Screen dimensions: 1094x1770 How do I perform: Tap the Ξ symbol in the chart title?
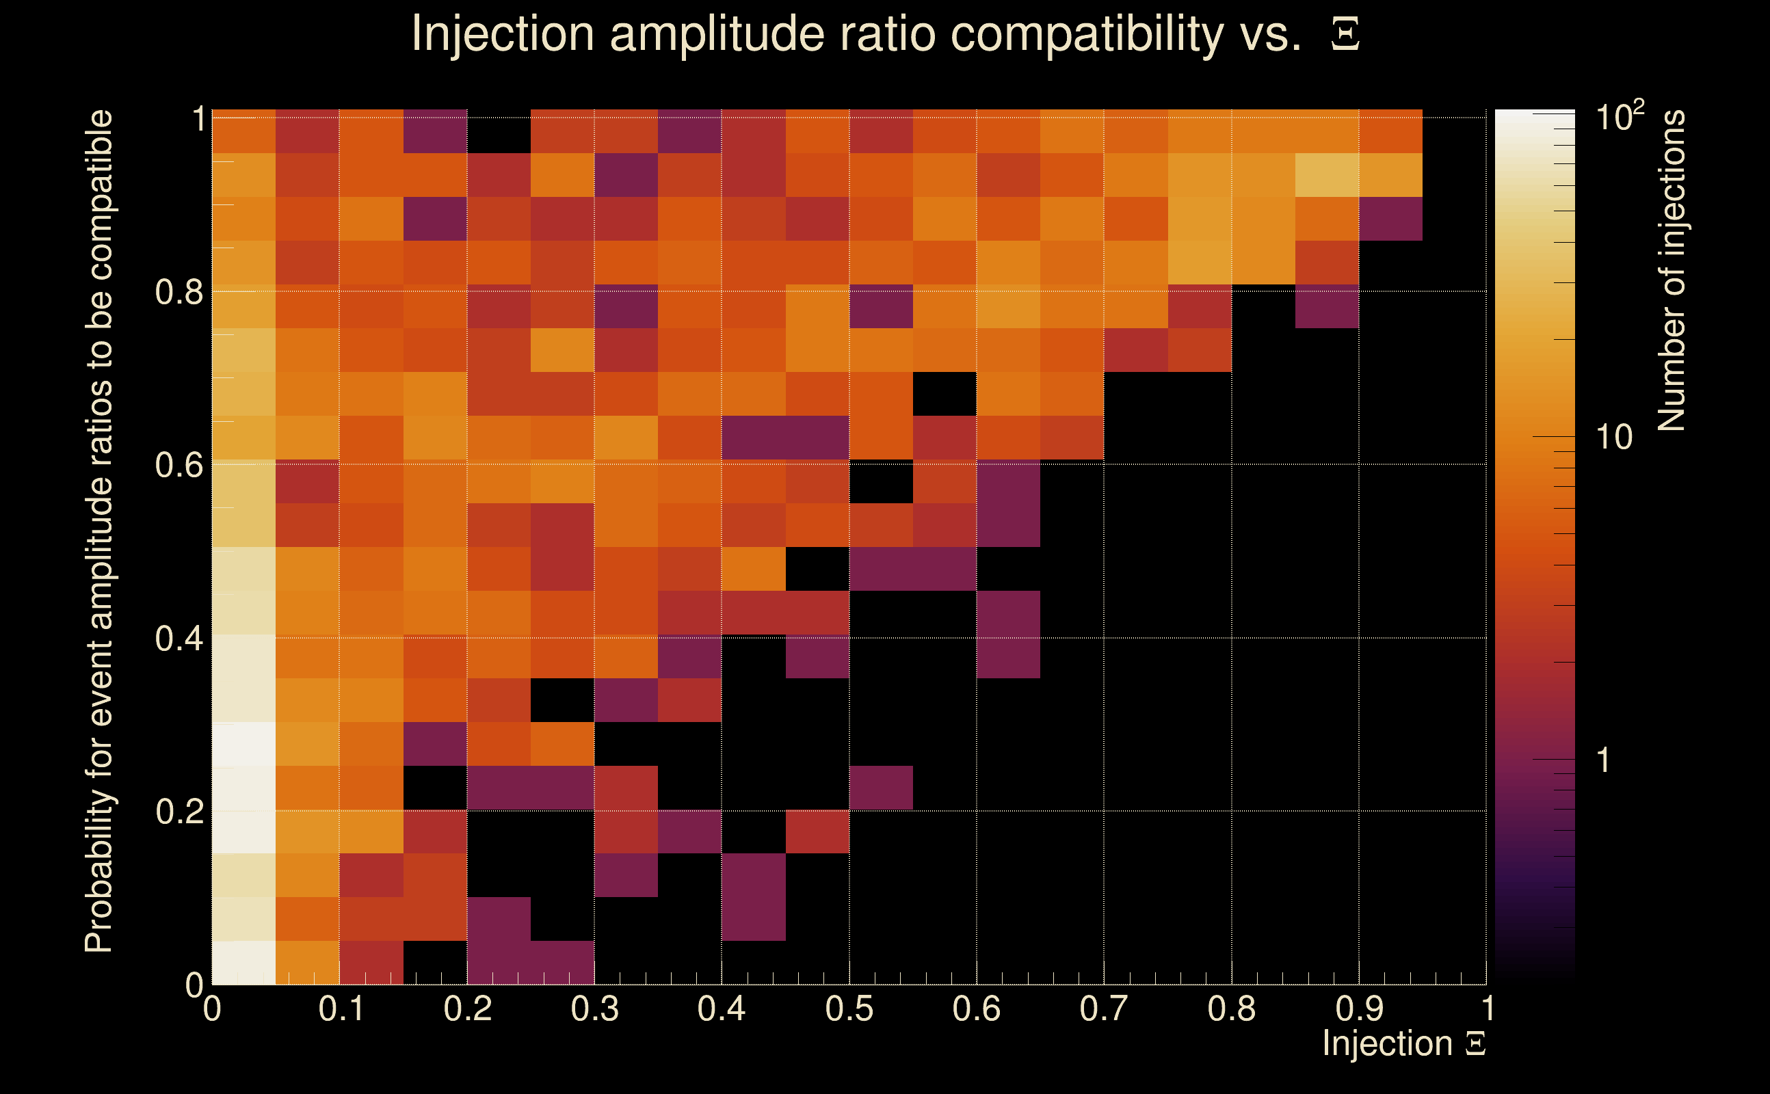tap(1345, 34)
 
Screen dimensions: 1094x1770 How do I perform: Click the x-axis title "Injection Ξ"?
tap(1403, 1043)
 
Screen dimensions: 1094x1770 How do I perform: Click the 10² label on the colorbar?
tap(1619, 116)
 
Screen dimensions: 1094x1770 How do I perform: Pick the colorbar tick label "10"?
tap(1613, 437)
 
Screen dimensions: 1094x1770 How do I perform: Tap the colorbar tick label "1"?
tap(1604, 760)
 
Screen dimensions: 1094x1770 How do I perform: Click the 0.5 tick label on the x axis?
tap(849, 1009)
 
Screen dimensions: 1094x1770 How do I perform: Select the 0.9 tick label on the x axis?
tap(1359, 1009)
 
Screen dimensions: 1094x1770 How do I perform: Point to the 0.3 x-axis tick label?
tap(594, 1009)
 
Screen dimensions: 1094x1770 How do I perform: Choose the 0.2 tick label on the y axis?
tap(179, 811)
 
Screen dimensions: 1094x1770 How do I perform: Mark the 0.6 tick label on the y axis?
tap(179, 464)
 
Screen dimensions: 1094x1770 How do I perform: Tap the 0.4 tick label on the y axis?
tap(179, 638)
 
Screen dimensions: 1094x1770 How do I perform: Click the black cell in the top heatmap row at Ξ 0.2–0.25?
tap(499, 131)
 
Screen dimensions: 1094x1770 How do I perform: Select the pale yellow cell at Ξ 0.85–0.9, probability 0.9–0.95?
tap(1326, 174)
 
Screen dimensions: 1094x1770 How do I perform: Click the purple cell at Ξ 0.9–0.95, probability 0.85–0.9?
tap(1390, 219)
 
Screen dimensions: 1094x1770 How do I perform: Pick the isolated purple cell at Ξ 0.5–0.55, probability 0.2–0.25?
tap(881, 787)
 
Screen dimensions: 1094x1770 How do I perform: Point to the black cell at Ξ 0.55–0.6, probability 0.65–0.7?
tap(945, 394)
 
